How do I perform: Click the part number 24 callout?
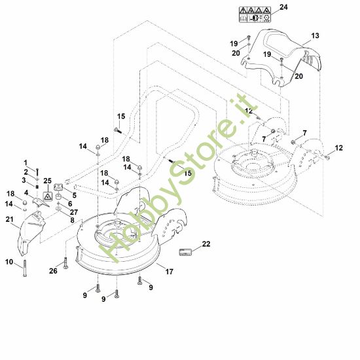pyautogui.click(x=283, y=7)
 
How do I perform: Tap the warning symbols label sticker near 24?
pyautogui.click(x=255, y=14)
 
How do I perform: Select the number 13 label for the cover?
pyautogui.click(x=315, y=36)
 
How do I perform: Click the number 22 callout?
pyautogui.click(x=206, y=244)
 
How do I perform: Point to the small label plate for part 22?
pyautogui.click(x=185, y=252)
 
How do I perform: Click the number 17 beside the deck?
pyautogui.click(x=170, y=272)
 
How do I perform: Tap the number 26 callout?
pyautogui.click(x=53, y=271)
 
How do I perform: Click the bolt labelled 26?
pyautogui.click(x=66, y=263)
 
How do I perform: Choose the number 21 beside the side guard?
pyautogui.click(x=9, y=220)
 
